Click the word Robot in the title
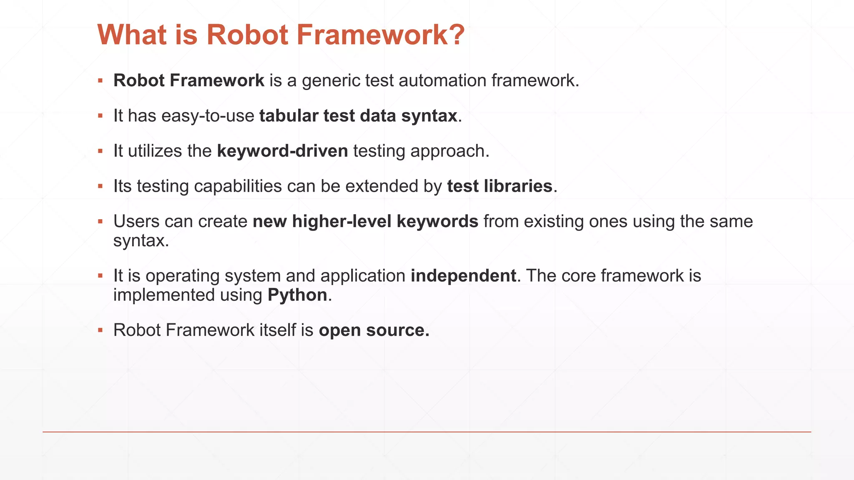(247, 35)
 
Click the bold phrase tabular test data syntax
(358, 116)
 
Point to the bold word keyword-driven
(282, 151)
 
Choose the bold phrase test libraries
(500, 186)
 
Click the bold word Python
(297, 295)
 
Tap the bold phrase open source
(374, 330)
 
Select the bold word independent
(463, 276)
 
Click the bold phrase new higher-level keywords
(365, 221)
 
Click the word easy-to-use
(208, 116)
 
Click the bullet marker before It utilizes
(100, 151)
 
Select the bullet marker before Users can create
(100, 221)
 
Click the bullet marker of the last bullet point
(100, 330)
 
